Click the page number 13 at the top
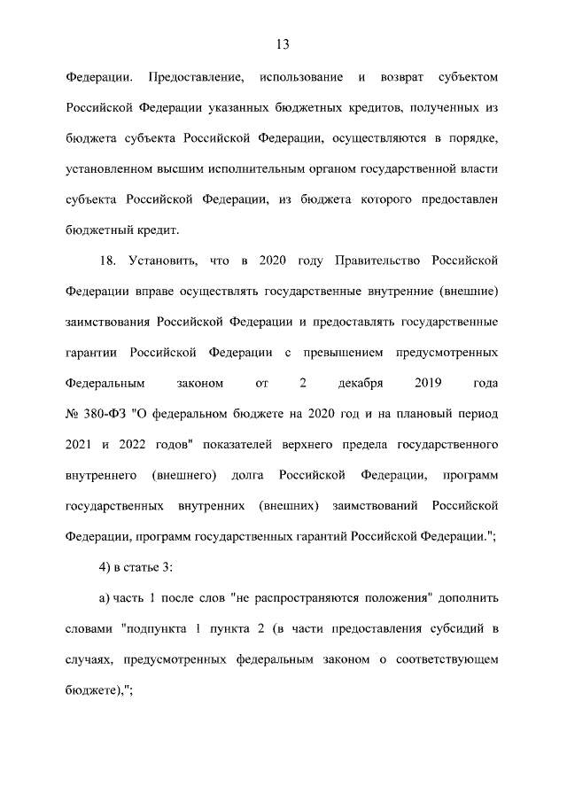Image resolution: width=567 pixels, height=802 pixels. [x=283, y=44]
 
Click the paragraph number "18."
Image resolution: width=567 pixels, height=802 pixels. [x=108, y=261]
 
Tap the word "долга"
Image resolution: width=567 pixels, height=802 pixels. [x=248, y=476]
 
